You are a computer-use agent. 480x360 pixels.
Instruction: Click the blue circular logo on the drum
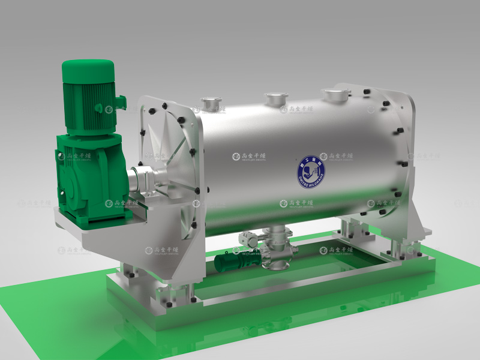310,172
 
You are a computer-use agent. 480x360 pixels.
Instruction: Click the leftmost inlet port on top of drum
210,103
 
